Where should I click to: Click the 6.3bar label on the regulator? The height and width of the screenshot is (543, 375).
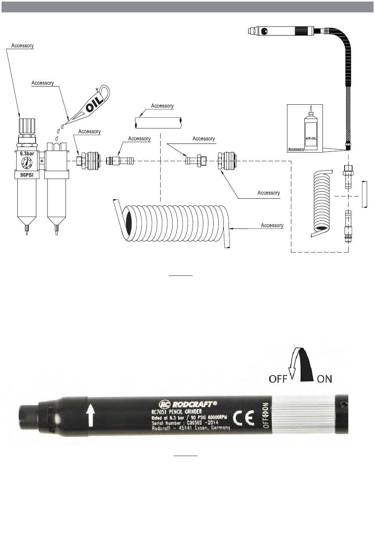pos(27,154)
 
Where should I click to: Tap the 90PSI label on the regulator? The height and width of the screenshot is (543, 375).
pos(26,175)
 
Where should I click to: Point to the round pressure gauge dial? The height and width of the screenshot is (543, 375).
pos(26,162)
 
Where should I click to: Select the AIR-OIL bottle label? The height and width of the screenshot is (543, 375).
pos(311,138)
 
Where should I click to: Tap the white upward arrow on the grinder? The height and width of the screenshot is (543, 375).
pos(90,417)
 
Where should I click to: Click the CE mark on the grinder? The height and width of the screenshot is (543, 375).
pos(244,418)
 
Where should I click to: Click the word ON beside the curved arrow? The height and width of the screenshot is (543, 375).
pos(324,379)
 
